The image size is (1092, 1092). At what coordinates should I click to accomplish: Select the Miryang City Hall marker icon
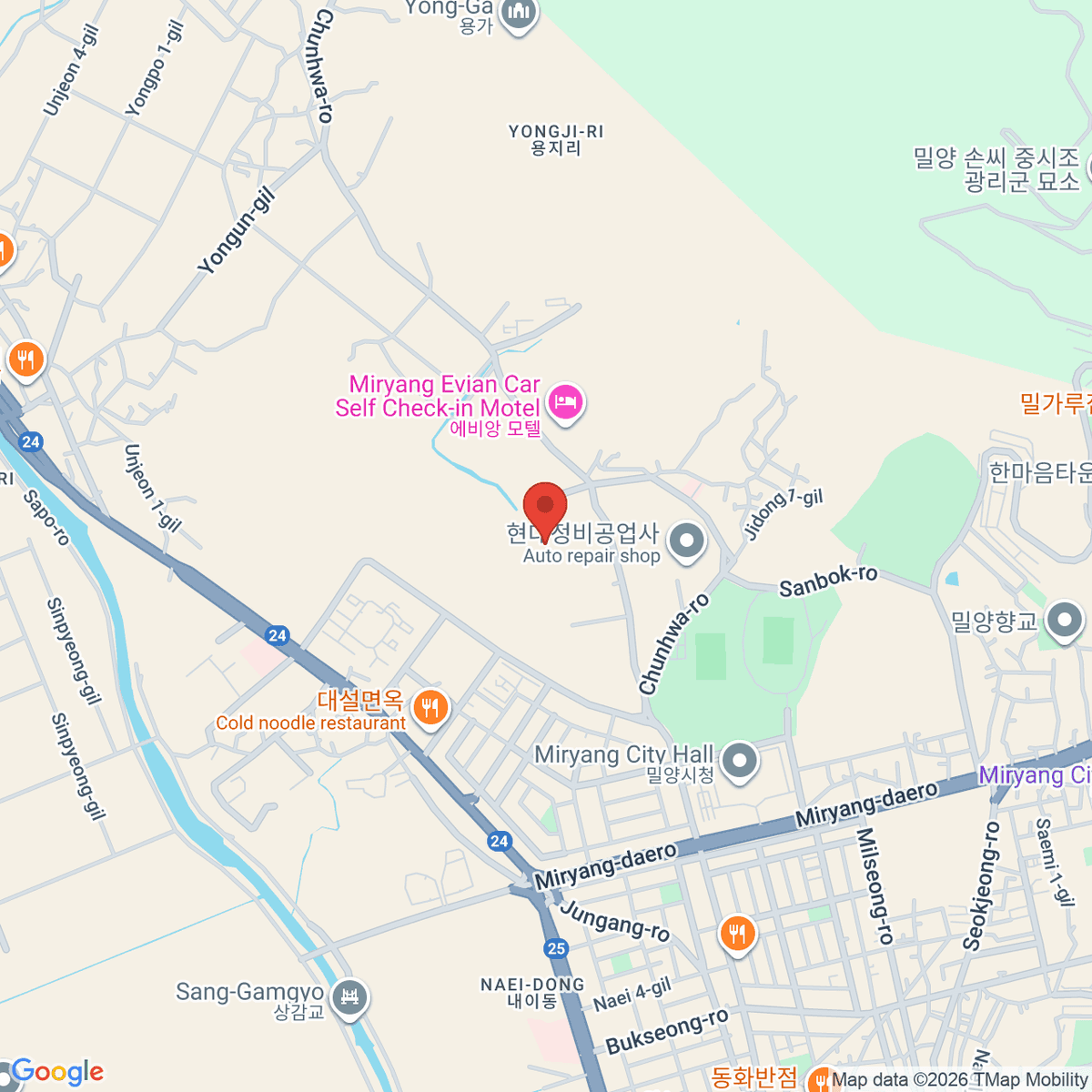(x=739, y=761)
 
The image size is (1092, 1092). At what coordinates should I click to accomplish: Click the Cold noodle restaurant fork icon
(x=430, y=708)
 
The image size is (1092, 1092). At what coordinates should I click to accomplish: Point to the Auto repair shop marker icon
(x=687, y=541)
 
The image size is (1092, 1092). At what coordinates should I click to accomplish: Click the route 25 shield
(x=556, y=948)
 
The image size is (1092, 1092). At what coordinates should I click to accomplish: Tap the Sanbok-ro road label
(x=828, y=580)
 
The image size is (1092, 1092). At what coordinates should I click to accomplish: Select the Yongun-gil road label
(x=237, y=232)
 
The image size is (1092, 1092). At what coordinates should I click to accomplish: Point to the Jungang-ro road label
(x=615, y=921)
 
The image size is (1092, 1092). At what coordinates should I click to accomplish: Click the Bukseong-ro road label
(x=667, y=1031)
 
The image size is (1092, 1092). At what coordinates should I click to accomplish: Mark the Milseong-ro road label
(x=875, y=885)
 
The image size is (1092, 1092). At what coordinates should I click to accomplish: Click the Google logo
(x=56, y=1072)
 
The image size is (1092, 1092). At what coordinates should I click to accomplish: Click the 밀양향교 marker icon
(x=1064, y=622)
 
